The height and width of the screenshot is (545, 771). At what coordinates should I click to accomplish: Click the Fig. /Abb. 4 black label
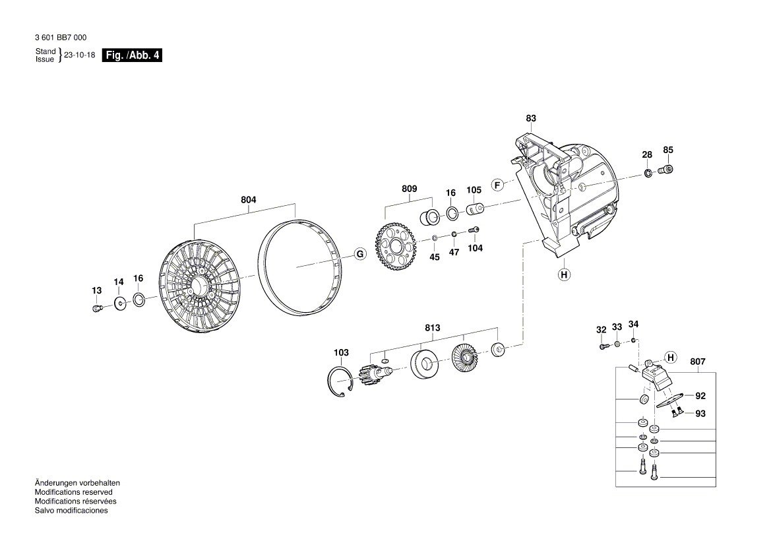click(x=133, y=55)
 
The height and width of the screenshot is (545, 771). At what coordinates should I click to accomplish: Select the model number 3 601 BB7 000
click(x=60, y=38)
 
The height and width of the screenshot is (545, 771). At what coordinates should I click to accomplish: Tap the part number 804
click(x=248, y=200)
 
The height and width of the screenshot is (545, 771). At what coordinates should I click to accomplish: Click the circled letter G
click(x=359, y=254)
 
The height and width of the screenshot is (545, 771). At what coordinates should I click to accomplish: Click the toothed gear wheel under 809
click(x=395, y=246)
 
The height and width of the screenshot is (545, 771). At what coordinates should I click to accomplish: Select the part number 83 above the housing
click(x=531, y=119)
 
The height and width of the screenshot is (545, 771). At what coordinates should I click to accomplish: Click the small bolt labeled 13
click(x=97, y=308)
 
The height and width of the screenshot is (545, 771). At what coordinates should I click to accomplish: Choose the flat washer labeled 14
click(x=120, y=304)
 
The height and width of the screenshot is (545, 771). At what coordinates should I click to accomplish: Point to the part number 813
click(x=433, y=328)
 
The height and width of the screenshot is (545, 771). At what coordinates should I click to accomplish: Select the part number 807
click(x=697, y=362)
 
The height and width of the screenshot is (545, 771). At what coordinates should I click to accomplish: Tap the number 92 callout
click(x=700, y=397)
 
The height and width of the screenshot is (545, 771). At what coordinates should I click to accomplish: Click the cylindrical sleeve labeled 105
click(x=475, y=210)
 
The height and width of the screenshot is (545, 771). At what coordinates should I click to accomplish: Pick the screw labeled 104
click(x=474, y=230)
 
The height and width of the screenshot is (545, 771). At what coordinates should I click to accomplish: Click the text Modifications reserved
click(x=73, y=492)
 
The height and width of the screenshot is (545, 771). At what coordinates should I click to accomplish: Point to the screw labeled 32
click(x=603, y=346)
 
